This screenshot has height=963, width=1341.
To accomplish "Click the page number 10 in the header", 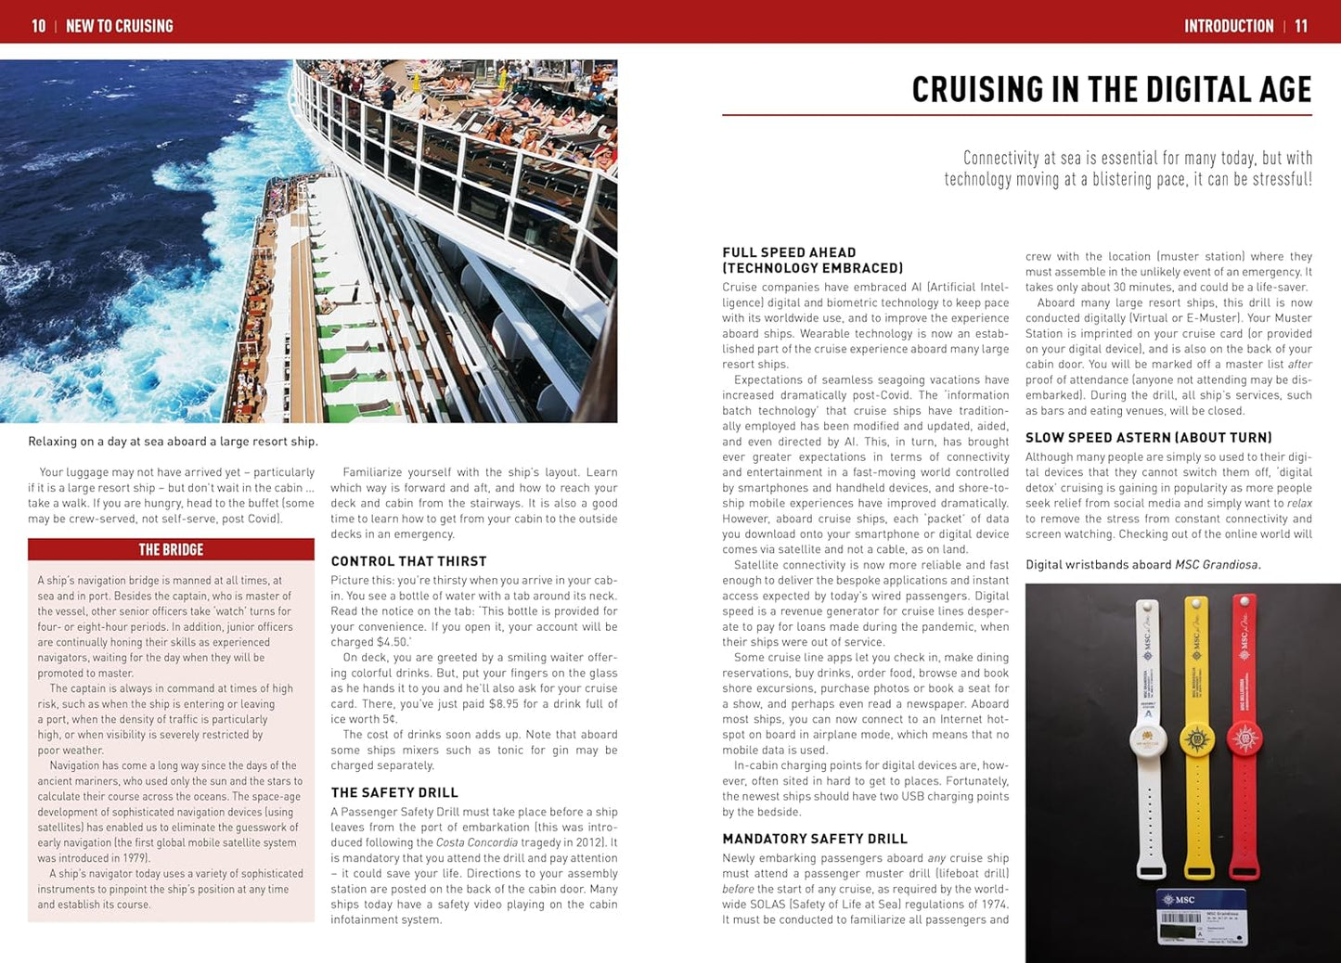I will click(x=38, y=26).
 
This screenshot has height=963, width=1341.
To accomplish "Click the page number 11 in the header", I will click(x=1301, y=26).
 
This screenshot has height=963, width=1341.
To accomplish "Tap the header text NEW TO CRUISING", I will click(x=120, y=26).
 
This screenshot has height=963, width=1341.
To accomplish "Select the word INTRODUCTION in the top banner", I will click(x=1228, y=26).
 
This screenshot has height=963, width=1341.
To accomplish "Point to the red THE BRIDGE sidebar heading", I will click(x=171, y=549).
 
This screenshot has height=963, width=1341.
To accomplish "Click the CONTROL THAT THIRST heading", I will click(x=408, y=561).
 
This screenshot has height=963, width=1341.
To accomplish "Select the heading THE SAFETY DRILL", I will click(x=394, y=792).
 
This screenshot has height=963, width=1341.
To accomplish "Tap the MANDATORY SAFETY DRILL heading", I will click(x=815, y=839).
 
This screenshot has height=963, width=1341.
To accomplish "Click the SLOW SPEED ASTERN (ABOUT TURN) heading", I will click(x=1148, y=438).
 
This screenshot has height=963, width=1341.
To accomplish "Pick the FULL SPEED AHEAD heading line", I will click(x=789, y=252).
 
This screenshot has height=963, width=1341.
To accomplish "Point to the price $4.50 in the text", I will click(x=381, y=642).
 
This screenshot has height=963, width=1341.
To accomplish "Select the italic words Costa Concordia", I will click(x=476, y=842).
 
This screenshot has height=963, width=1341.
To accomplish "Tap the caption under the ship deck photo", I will click(x=173, y=442).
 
